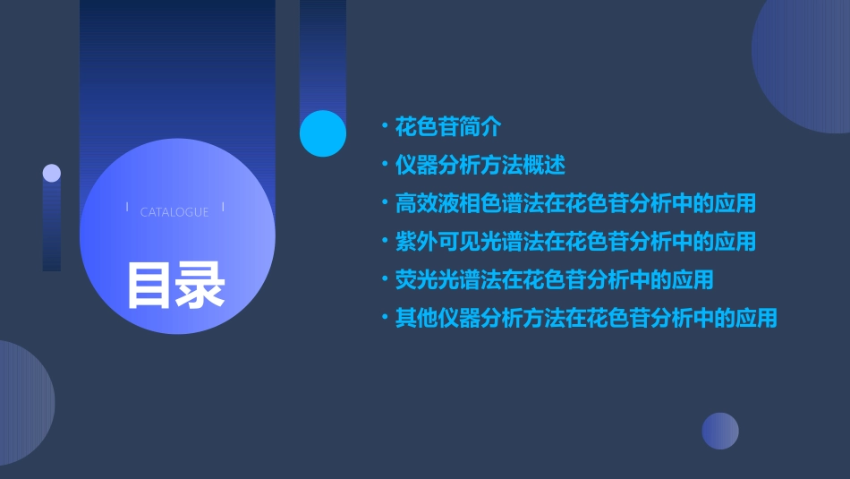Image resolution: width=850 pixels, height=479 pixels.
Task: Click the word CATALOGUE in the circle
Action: (x=174, y=212)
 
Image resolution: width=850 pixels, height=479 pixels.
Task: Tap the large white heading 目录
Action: (x=175, y=284)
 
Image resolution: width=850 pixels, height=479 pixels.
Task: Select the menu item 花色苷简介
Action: (x=448, y=127)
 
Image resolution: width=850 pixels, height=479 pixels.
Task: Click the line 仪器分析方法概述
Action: (x=480, y=166)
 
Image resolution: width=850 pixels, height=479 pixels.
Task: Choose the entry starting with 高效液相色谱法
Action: (x=575, y=203)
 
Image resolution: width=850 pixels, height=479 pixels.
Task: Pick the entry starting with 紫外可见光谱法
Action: (x=575, y=242)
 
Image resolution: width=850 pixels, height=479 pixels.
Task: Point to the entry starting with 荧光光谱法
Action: (x=554, y=279)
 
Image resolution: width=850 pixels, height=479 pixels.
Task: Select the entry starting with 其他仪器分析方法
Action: (x=586, y=318)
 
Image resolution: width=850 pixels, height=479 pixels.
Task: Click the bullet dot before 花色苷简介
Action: (x=384, y=127)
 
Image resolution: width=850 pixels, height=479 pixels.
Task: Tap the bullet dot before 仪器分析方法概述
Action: (x=384, y=166)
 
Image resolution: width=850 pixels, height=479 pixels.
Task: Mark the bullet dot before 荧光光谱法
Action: (x=384, y=279)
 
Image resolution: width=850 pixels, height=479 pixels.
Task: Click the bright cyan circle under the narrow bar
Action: (x=323, y=133)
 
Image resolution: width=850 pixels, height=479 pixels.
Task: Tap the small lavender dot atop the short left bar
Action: (x=52, y=173)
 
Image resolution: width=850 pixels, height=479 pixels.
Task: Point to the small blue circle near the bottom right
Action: (x=720, y=431)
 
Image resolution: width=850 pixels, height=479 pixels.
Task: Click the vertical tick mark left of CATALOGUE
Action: (x=126, y=208)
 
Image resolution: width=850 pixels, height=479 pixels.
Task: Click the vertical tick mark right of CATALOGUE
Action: (x=223, y=208)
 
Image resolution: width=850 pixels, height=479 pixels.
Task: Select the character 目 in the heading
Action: (x=149, y=284)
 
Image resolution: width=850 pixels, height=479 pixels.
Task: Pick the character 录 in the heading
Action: (x=201, y=284)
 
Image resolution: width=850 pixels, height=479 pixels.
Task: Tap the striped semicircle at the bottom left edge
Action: (x=22, y=403)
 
